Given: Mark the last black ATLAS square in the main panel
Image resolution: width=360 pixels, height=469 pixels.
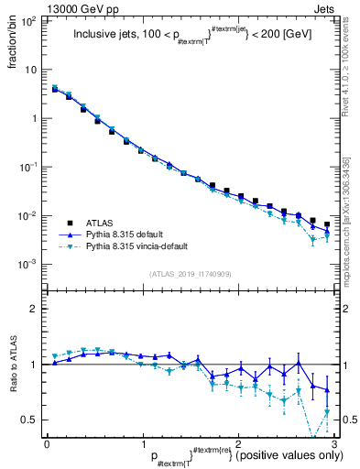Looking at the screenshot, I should click(x=327, y=224).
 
